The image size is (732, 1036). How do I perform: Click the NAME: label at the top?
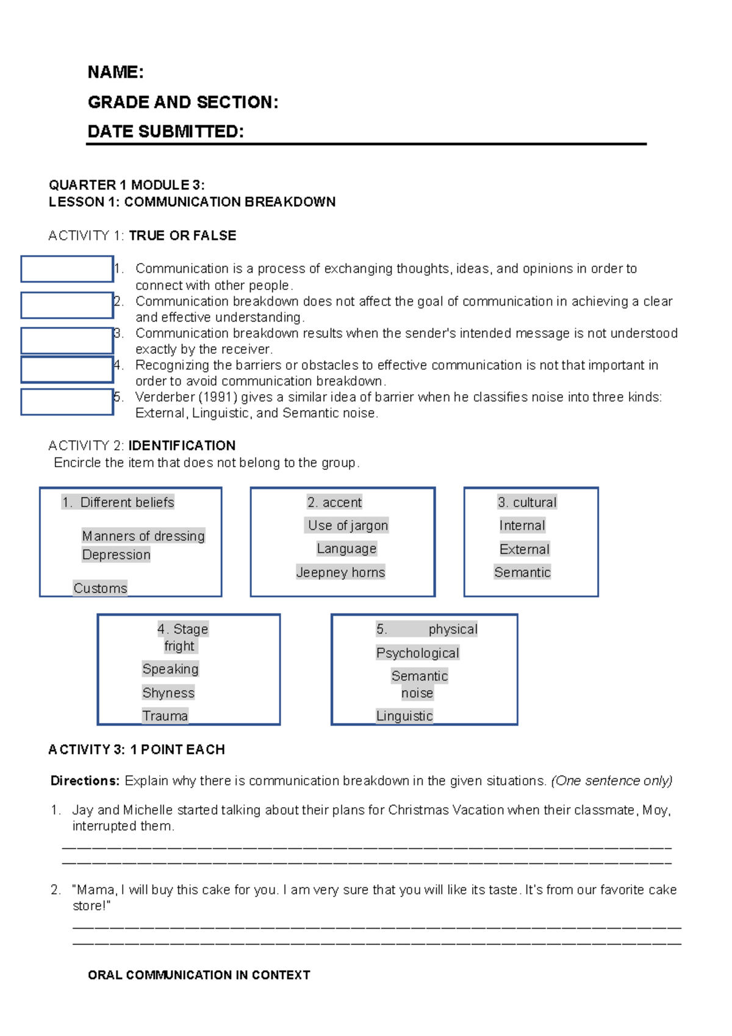[115, 72]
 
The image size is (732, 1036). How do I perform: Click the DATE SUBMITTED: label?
[165, 132]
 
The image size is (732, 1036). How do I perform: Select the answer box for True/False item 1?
[67, 269]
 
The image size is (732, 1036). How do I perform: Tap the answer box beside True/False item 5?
[67, 402]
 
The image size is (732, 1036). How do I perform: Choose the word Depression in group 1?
[116, 555]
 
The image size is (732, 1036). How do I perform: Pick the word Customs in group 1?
[100, 588]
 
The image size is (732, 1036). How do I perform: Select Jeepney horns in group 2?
[340, 572]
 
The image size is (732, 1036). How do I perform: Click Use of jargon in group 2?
[348, 525]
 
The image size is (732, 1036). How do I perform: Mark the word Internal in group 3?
[522, 525]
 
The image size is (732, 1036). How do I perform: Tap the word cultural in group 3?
[534, 502]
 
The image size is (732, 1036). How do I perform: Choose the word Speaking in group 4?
[170, 669]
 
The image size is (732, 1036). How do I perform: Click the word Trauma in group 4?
[165, 716]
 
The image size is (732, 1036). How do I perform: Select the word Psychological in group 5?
[417, 653]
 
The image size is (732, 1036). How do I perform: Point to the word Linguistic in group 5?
[404, 716]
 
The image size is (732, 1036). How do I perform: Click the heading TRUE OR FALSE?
[182, 236]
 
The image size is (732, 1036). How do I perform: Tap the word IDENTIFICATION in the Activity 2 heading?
[182, 445]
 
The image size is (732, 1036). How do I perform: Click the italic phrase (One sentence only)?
[611, 781]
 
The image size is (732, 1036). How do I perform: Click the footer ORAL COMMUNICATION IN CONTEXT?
[199, 975]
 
